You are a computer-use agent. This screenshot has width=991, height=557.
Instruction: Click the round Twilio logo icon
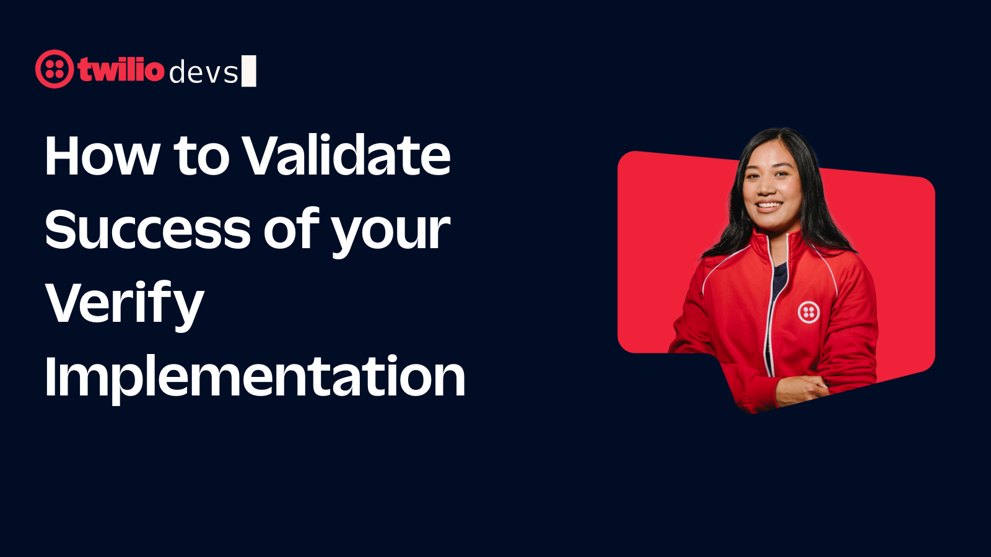(55, 69)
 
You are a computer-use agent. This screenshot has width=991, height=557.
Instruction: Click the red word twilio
(121, 69)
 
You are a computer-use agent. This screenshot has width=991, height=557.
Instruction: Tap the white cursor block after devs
(248, 71)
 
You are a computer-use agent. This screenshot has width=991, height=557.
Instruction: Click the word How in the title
(102, 156)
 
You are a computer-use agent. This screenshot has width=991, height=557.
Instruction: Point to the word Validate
(347, 155)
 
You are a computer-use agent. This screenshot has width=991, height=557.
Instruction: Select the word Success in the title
(148, 230)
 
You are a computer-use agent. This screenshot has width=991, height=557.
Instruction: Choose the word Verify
(124, 304)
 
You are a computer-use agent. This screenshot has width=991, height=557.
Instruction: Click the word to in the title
(201, 156)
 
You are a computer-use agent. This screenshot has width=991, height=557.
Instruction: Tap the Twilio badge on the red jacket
(808, 312)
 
